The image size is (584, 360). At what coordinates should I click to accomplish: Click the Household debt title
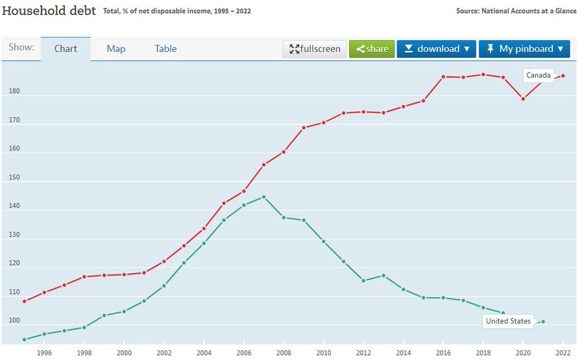(49, 11)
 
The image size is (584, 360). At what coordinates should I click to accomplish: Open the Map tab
(116, 49)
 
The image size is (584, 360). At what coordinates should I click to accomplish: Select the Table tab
(165, 49)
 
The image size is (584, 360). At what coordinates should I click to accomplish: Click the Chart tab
(66, 49)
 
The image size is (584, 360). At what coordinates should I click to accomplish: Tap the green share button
(372, 49)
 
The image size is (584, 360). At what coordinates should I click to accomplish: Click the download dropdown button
(436, 49)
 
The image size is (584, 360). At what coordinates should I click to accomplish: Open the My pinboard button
(524, 49)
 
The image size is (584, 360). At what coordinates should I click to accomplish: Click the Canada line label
(538, 75)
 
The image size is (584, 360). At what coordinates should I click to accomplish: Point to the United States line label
(508, 321)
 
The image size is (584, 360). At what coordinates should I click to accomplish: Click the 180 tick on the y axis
(14, 91)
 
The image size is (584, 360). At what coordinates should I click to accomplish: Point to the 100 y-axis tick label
(14, 322)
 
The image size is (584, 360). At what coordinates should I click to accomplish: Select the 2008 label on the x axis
(284, 353)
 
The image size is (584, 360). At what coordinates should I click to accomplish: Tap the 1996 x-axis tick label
(44, 353)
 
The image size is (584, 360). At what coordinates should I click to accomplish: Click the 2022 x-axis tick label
(563, 353)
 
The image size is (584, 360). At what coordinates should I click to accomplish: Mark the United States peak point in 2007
(263, 197)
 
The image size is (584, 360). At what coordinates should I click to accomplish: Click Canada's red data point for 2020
(523, 99)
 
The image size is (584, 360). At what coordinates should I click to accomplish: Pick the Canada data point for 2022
(563, 76)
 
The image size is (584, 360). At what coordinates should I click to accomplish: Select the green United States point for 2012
(363, 281)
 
